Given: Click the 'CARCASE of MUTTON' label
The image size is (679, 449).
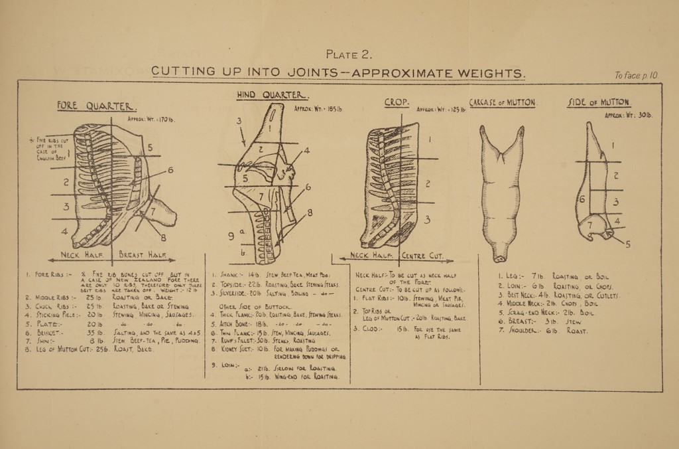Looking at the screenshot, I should (502, 103).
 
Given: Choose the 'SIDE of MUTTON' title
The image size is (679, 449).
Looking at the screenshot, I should (599, 103).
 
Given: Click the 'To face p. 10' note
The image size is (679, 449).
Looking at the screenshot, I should (636, 76).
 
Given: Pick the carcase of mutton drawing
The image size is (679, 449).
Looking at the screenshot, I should (502, 192).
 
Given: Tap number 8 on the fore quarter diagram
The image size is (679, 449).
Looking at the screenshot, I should (164, 240).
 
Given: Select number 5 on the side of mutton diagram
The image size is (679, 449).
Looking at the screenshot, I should (627, 244).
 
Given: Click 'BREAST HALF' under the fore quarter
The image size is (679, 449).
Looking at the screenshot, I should (142, 254).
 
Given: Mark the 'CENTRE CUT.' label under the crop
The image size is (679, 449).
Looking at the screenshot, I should (426, 256).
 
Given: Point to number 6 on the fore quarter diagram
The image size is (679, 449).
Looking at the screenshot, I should (170, 171).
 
